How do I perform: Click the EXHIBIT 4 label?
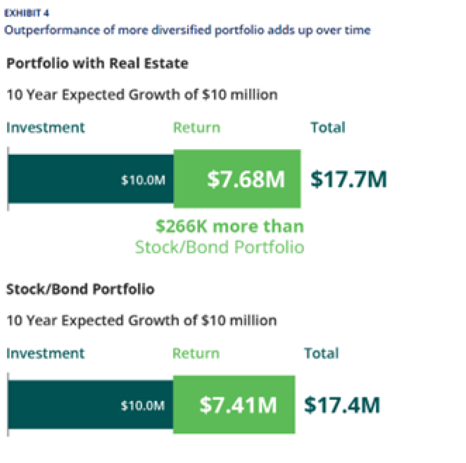coord(26,13)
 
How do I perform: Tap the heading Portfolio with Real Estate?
coord(97,63)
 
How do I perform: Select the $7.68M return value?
coord(246,179)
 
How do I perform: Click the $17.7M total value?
coord(348,179)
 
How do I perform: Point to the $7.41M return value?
coord(238,405)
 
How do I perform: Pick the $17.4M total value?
coord(342,405)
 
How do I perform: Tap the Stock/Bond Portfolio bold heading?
coord(80,289)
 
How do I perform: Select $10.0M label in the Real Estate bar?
coord(143,180)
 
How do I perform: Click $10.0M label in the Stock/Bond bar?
coord(143,406)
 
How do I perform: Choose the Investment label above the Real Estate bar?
coord(45,128)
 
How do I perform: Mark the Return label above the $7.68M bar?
coord(196,128)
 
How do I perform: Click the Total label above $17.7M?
coord(328,128)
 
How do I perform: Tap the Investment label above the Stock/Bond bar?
coord(45,354)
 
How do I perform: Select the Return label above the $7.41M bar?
coord(196,354)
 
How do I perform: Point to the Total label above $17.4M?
coord(321,354)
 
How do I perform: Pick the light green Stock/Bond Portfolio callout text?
coord(219,247)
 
